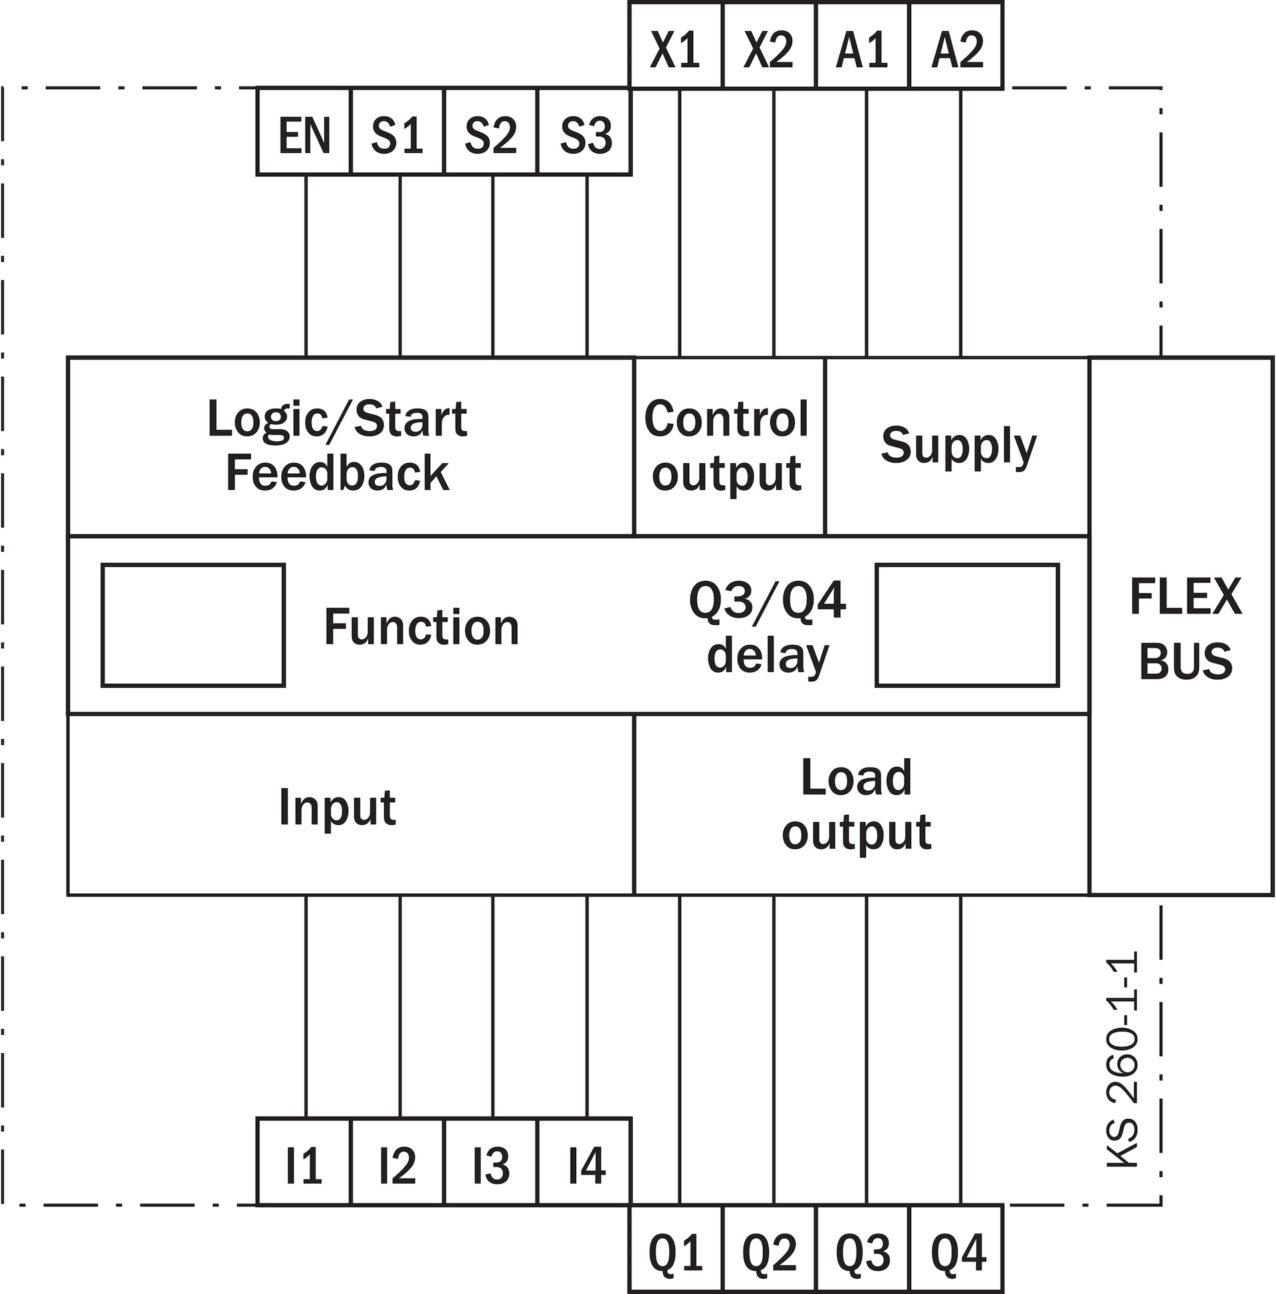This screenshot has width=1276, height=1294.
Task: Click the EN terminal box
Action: pyautogui.click(x=304, y=133)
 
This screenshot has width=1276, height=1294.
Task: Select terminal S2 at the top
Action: pyautogui.click(x=490, y=133)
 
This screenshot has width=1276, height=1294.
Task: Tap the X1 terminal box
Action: pyautogui.click(x=675, y=47)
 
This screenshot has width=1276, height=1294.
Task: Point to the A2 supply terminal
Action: pyautogui.click(x=956, y=47)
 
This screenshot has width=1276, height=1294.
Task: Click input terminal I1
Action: pyautogui.click(x=304, y=1166)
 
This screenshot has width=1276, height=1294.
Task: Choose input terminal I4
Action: pyautogui.click(x=585, y=1166)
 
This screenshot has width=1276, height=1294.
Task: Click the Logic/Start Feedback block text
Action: pyautogui.click(x=337, y=446)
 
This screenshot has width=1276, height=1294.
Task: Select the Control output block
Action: pyautogui.click(x=728, y=446)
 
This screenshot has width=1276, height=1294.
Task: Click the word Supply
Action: pyautogui.click(x=958, y=445)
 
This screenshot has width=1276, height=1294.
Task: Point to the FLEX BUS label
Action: pyautogui.click(x=1185, y=627)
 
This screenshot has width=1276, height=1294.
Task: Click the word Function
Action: pyautogui.click(x=421, y=627)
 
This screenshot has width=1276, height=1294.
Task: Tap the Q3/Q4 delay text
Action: pyautogui.click(x=768, y=627)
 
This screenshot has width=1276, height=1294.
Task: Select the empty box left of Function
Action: pyautogui.click(x=193, y=625)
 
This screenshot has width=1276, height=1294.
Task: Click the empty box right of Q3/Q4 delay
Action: pyautogui.click(x=966, y=625)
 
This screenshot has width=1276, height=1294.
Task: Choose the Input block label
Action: pyautogui.click(x=337, y=807)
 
